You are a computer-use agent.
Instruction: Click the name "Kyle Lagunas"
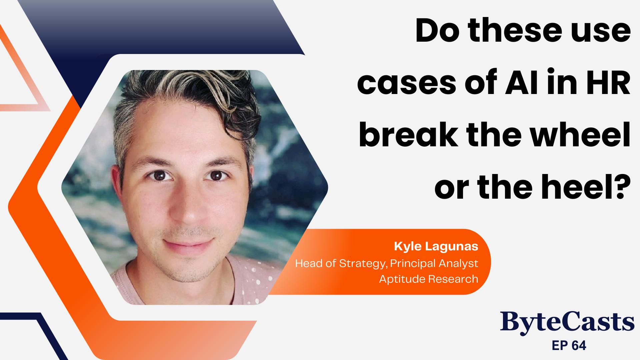point(436,247)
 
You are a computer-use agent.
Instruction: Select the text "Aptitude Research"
point(429,278)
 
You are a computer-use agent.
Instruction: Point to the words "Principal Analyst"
point(434,263)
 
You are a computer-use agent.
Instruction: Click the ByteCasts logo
point(567,321)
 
